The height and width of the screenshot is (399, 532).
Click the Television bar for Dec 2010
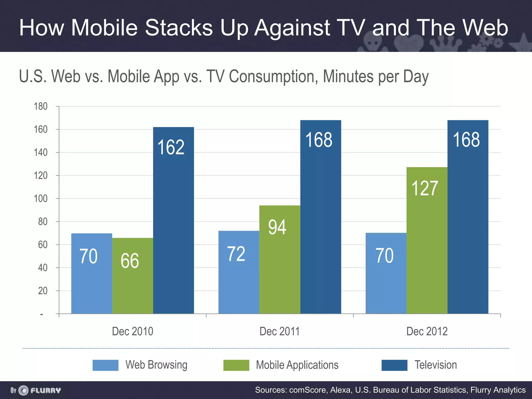pyautogui.click(x=173, y=221)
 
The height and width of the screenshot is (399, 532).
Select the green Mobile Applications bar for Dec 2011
pyautogui.click(x=280, y=260)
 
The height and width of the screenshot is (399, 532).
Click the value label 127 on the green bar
pyautogui.click(x=425, y=188)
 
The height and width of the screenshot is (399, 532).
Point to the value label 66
pyautogui.click(x=130, y=261)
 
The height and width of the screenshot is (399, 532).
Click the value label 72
pyautogui.click(x=236, y=254)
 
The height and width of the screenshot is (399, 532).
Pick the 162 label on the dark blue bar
pyautogui.click(x=171, y=147)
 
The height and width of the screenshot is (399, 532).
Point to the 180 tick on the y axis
pyautogui.click(x=41, y=106)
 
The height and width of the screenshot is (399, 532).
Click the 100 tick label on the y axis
pyautogui.click(x=41, y=198)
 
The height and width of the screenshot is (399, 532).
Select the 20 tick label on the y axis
pyautogui.click(x=43, y=291)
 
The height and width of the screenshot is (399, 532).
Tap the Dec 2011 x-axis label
pyautogui.click(x=280, y=331)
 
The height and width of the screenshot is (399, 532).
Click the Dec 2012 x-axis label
pyautogui.click(x=427, y=331)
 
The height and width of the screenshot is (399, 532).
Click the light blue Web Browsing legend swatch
pyautogui.click(x=105, y=365)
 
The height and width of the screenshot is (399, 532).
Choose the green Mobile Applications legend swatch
pyautogui.click(x=236, y=365)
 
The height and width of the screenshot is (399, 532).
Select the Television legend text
pyautogui.click(x=436, y=365)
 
